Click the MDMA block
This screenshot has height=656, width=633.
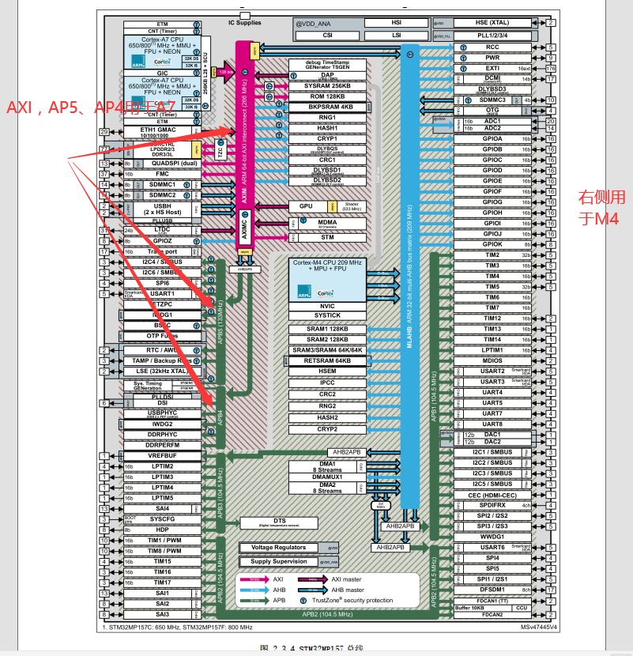click(x=327, y=223)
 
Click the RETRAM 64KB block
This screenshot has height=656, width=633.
click(x=327, y=360)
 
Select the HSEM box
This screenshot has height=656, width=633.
click(x=327, y=371)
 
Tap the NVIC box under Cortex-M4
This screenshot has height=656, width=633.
click(x=327, y=305)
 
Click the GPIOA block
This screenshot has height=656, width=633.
click(x=492, y=139)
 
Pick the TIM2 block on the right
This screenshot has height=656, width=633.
click(x=492, y=255)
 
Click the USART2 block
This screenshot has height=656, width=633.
click(x=492, y=371)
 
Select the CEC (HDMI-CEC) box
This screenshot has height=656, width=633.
click(x=492, y=495)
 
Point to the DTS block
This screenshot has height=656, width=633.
click(x=280, y=522)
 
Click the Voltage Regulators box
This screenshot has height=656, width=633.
click(x=278, y=547)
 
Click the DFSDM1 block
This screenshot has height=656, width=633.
click(x=492, y=589)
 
